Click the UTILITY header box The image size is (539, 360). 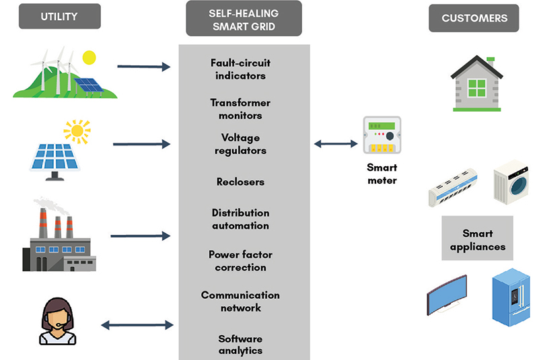click(x=59, y=17)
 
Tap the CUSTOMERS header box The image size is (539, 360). click(x=474, y=18)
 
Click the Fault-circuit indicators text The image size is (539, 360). click(x=240, y=69)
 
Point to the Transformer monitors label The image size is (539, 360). click(x=240, y=109)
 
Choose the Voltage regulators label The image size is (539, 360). click(x=240, y=143)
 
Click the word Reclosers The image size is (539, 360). click(x=240, y=182)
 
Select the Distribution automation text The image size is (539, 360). click(x=240, y=219)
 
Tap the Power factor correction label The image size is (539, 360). click(x=240, y=260)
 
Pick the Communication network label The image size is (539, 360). click(x=240, y=301)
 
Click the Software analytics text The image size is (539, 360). click(x=240, y=345)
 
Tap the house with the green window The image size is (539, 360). click(x=476, y=83)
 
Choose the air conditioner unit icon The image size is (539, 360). click(x=453, y=186)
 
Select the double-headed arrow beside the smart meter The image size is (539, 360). click(x=336, y=143)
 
